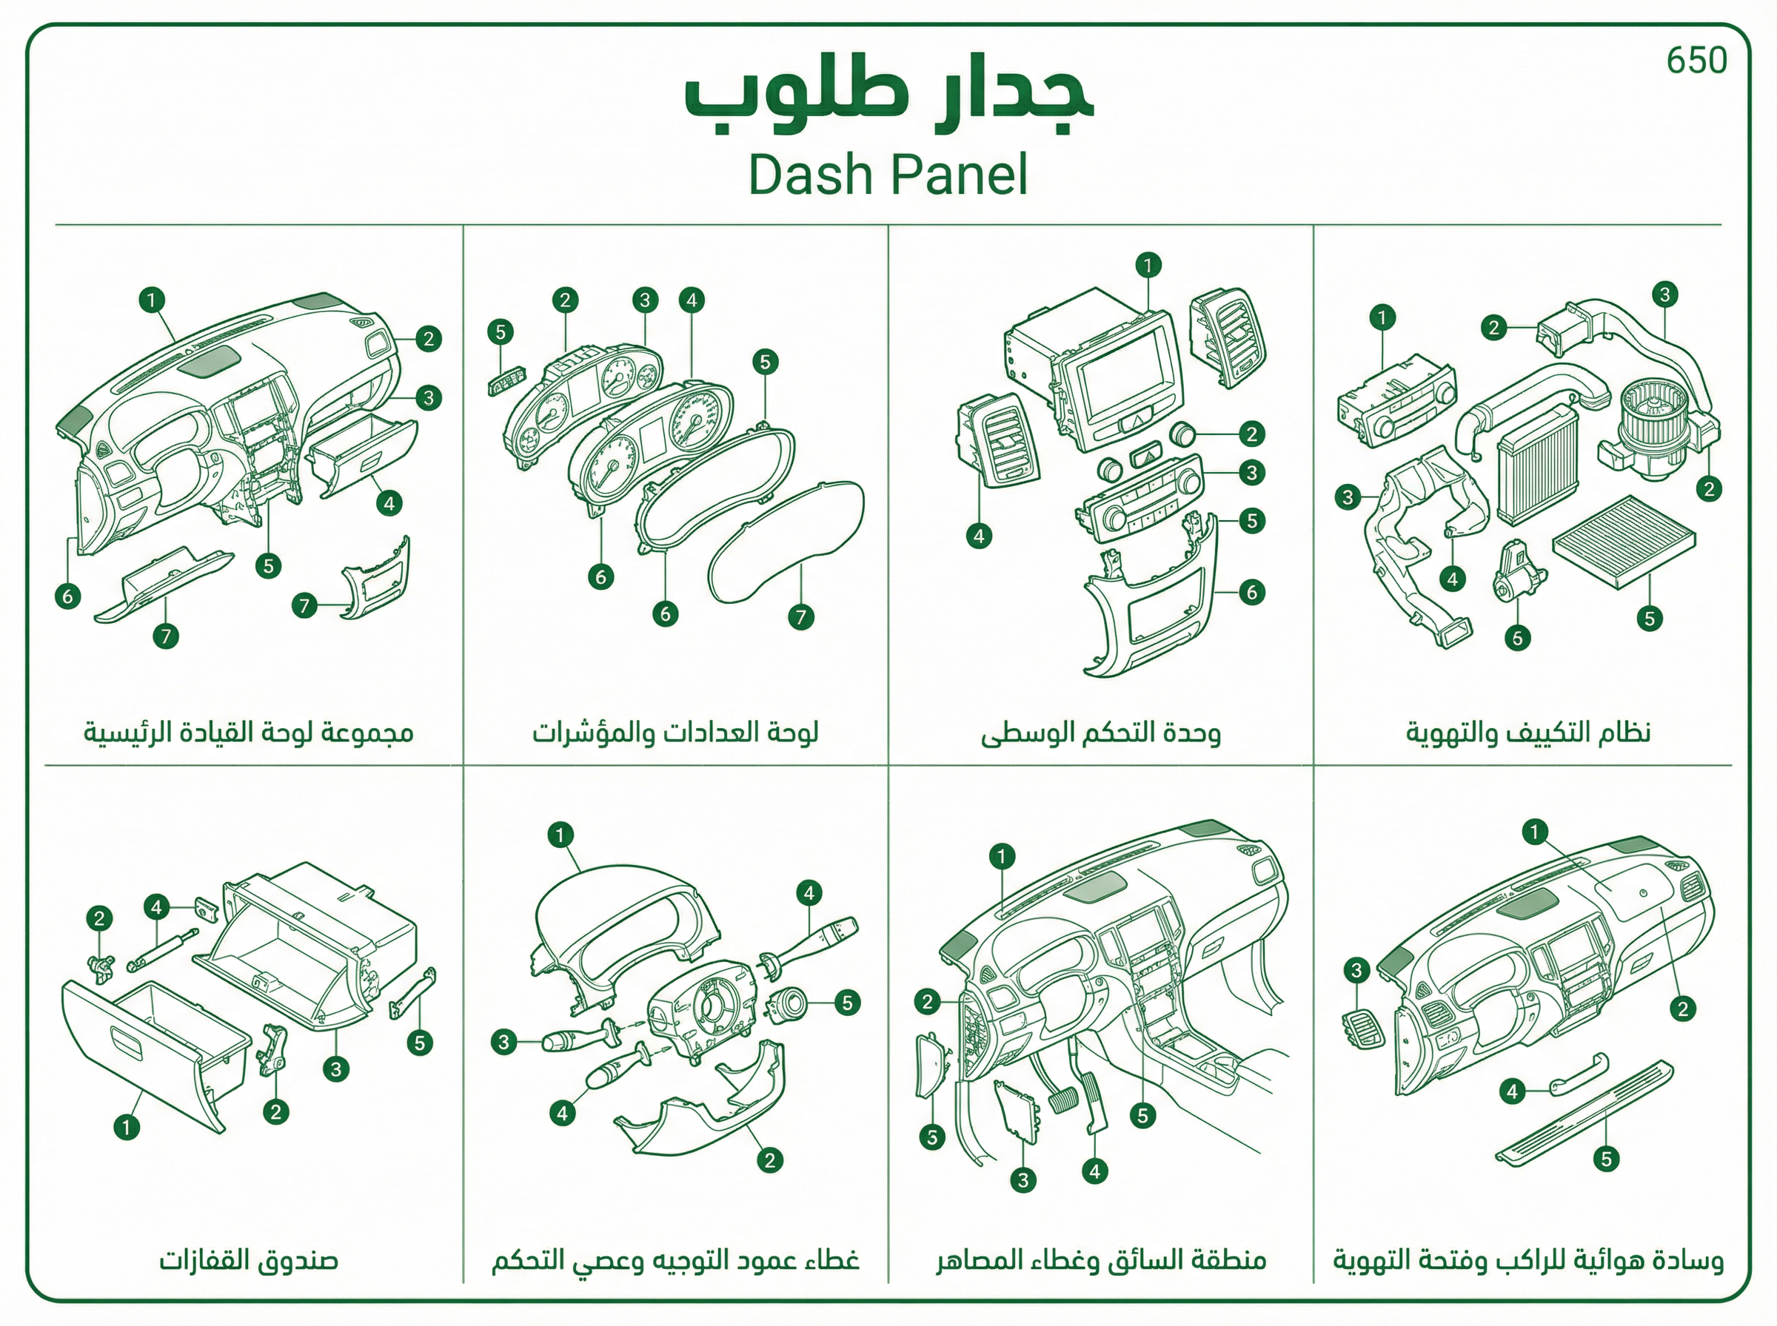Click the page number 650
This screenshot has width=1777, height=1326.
pos(1696,60)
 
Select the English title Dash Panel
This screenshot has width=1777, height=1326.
pos(888,174)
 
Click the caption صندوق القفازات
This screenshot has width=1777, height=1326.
pos(248,1259)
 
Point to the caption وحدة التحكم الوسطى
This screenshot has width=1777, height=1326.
pos(1100,733)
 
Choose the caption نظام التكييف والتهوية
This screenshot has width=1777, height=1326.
pos(1528,733)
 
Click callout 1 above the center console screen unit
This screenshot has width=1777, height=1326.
pos(1148,265)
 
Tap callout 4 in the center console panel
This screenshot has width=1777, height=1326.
pos(978,536)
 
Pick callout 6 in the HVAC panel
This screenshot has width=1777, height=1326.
pos(1517,638)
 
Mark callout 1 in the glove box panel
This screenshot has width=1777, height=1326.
pos(126,1127)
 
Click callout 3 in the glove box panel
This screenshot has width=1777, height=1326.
pos(335,1068)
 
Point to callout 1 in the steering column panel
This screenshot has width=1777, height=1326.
pos(560,835)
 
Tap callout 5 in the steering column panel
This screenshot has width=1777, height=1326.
pos(847,1003)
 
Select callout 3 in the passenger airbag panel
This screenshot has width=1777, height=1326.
pos(1356,970)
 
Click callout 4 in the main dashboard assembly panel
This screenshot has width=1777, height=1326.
pos(389,503)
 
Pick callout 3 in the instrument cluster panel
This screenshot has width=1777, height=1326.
pos(645,300)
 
